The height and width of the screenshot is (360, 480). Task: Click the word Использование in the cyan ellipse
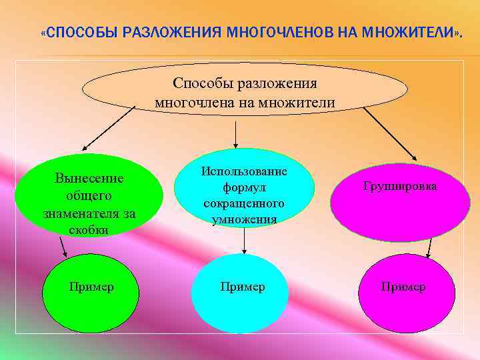click(x=244, y=171)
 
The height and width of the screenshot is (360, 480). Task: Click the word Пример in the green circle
click(x=91, y=287)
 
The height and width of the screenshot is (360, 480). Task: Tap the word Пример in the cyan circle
click(x=243, y=287)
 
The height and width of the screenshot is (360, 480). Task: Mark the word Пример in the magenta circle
click(x=403, y=287)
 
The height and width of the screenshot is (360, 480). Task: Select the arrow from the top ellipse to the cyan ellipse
click(x=235, y=133)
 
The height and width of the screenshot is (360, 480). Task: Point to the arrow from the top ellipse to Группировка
click(x=390, y=133)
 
